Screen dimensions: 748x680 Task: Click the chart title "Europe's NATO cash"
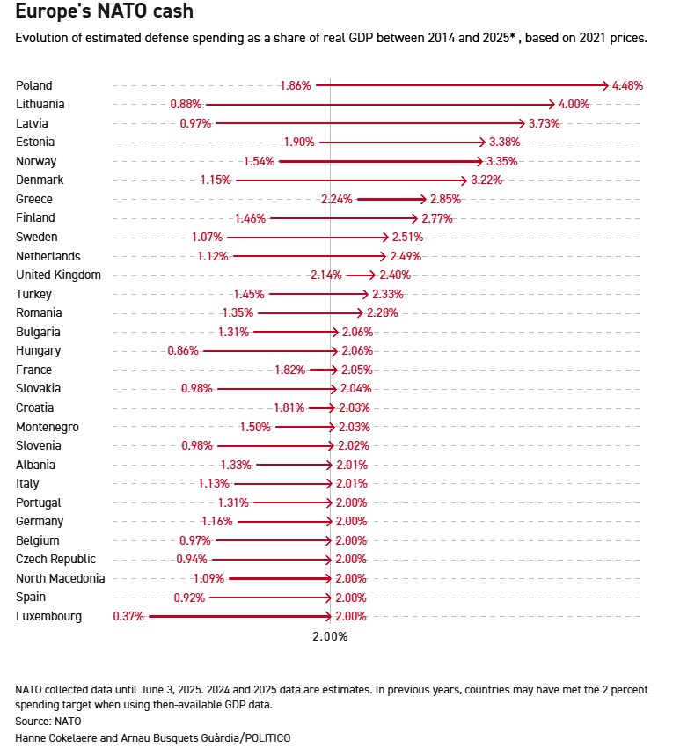105,12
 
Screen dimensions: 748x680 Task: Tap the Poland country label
34,85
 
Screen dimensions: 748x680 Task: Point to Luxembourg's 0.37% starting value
128,616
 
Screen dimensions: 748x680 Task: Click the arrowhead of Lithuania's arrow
555,104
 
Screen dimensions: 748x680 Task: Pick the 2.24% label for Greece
337,199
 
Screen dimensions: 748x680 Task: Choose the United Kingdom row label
58,275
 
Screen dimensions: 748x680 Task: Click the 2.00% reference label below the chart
330,636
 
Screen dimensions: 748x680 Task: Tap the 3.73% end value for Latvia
545,123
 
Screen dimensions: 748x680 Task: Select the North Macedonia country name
60,578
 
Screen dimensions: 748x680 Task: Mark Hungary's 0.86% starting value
182,350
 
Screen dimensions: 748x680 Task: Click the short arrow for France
323,370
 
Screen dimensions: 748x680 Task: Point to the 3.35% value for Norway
501,161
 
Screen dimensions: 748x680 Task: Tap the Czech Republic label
55,559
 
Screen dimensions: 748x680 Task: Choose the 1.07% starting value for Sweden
207,237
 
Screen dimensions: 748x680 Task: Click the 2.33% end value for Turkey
389,294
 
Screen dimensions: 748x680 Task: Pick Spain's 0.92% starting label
188,598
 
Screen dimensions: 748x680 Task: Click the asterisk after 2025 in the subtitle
512,38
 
